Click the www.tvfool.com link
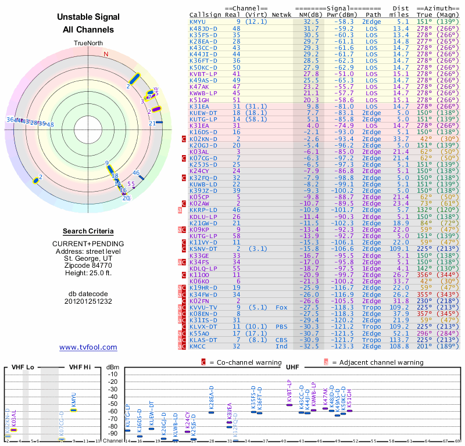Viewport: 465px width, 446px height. [x=88, y=347]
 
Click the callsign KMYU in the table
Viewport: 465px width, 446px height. [x=198, y=21]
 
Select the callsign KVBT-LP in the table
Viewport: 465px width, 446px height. [x=203, y=74]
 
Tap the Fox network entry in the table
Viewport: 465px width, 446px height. [x=281, y=307]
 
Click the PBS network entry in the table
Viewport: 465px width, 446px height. [x=281, y=326]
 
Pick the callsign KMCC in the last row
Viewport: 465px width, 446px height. [x=198, y=346]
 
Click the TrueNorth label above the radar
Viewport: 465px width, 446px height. [x=88, y=44]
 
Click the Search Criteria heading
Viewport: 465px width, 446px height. [x=88, y=231]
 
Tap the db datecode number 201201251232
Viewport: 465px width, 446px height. [x=88, y=301]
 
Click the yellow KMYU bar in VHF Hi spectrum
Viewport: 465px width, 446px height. [x=74, y=410]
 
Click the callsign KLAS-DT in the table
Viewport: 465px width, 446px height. [x=203, y=340]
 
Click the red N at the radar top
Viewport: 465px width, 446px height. [x=106, y=54]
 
